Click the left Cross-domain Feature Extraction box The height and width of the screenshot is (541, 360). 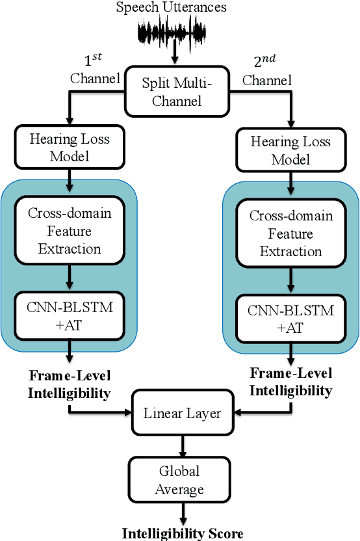point(69,231)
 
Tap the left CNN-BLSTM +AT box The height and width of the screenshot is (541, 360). point(69,315)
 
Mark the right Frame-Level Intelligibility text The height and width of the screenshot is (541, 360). point(291,382)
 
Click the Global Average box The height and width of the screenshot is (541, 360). point(179,479)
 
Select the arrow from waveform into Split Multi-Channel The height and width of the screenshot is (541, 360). point(174,57)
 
